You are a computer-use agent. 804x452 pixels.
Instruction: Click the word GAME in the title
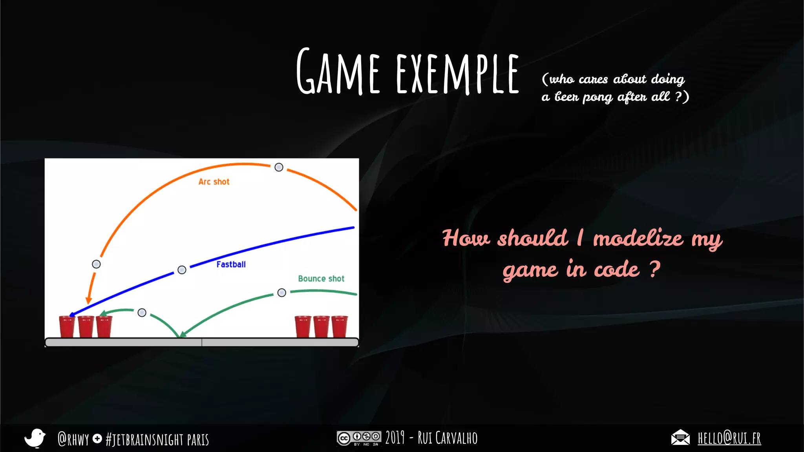point(338,71)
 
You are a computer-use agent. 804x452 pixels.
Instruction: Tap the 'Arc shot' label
point(214,182)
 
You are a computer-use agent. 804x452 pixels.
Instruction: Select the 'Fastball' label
point(231,264)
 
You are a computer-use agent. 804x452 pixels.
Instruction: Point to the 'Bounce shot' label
point(321,279)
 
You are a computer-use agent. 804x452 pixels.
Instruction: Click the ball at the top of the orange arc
point(279,168)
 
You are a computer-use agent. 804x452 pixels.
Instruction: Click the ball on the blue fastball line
point(182,270)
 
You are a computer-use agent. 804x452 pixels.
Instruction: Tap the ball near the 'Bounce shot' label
point(281,293)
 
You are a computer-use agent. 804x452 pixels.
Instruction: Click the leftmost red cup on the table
point(67,326)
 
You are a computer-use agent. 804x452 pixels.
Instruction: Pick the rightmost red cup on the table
point(340,326)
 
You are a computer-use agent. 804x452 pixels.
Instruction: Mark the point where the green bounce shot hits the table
point(180,336)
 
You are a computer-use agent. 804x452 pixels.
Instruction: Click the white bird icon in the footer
point(35,438)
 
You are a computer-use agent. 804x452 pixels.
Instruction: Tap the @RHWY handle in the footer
point(73,439)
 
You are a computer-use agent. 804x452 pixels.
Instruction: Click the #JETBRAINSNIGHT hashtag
point(144,439)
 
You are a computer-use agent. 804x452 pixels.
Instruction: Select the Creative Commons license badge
point(359,438)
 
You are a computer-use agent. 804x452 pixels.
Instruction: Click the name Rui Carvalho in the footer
point(448,438)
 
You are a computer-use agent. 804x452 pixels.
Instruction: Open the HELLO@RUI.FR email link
point(729,438)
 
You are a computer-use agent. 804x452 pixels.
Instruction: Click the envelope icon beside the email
point(680,437)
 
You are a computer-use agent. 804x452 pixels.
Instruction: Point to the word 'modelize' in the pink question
point(638,238)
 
